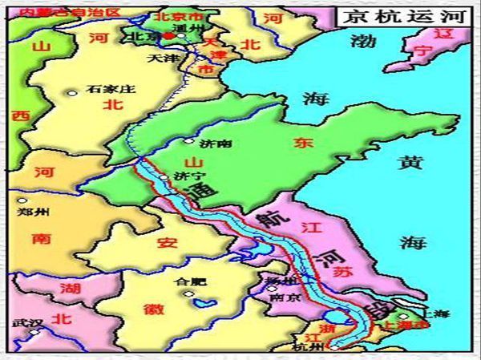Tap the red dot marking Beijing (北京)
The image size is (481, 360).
(x=168, y=35)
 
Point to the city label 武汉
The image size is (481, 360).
(x=23, y=324)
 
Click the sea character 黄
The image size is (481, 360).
(x=411, y=163)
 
